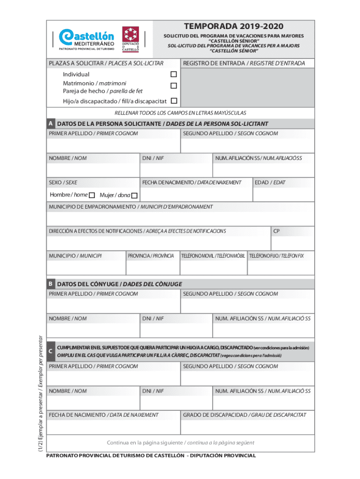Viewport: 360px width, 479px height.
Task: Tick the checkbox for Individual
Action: point(173,74)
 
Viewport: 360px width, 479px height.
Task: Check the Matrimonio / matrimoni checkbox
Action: point(173,86)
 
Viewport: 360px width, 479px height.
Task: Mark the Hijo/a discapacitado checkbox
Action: point(173,101)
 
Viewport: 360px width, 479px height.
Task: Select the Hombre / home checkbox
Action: point(92,195)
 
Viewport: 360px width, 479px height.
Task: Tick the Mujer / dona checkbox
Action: point(134,195)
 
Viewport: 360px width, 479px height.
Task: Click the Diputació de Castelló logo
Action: point(130,38)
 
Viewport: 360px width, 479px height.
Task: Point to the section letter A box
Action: point(50,124)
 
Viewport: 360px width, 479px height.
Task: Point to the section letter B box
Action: point(50,284)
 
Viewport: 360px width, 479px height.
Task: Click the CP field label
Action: point(277,231)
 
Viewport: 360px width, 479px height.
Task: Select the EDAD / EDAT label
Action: point(270,182)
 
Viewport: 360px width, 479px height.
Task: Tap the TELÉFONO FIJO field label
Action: point(276,256)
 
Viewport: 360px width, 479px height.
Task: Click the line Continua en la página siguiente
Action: point(180,443)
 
